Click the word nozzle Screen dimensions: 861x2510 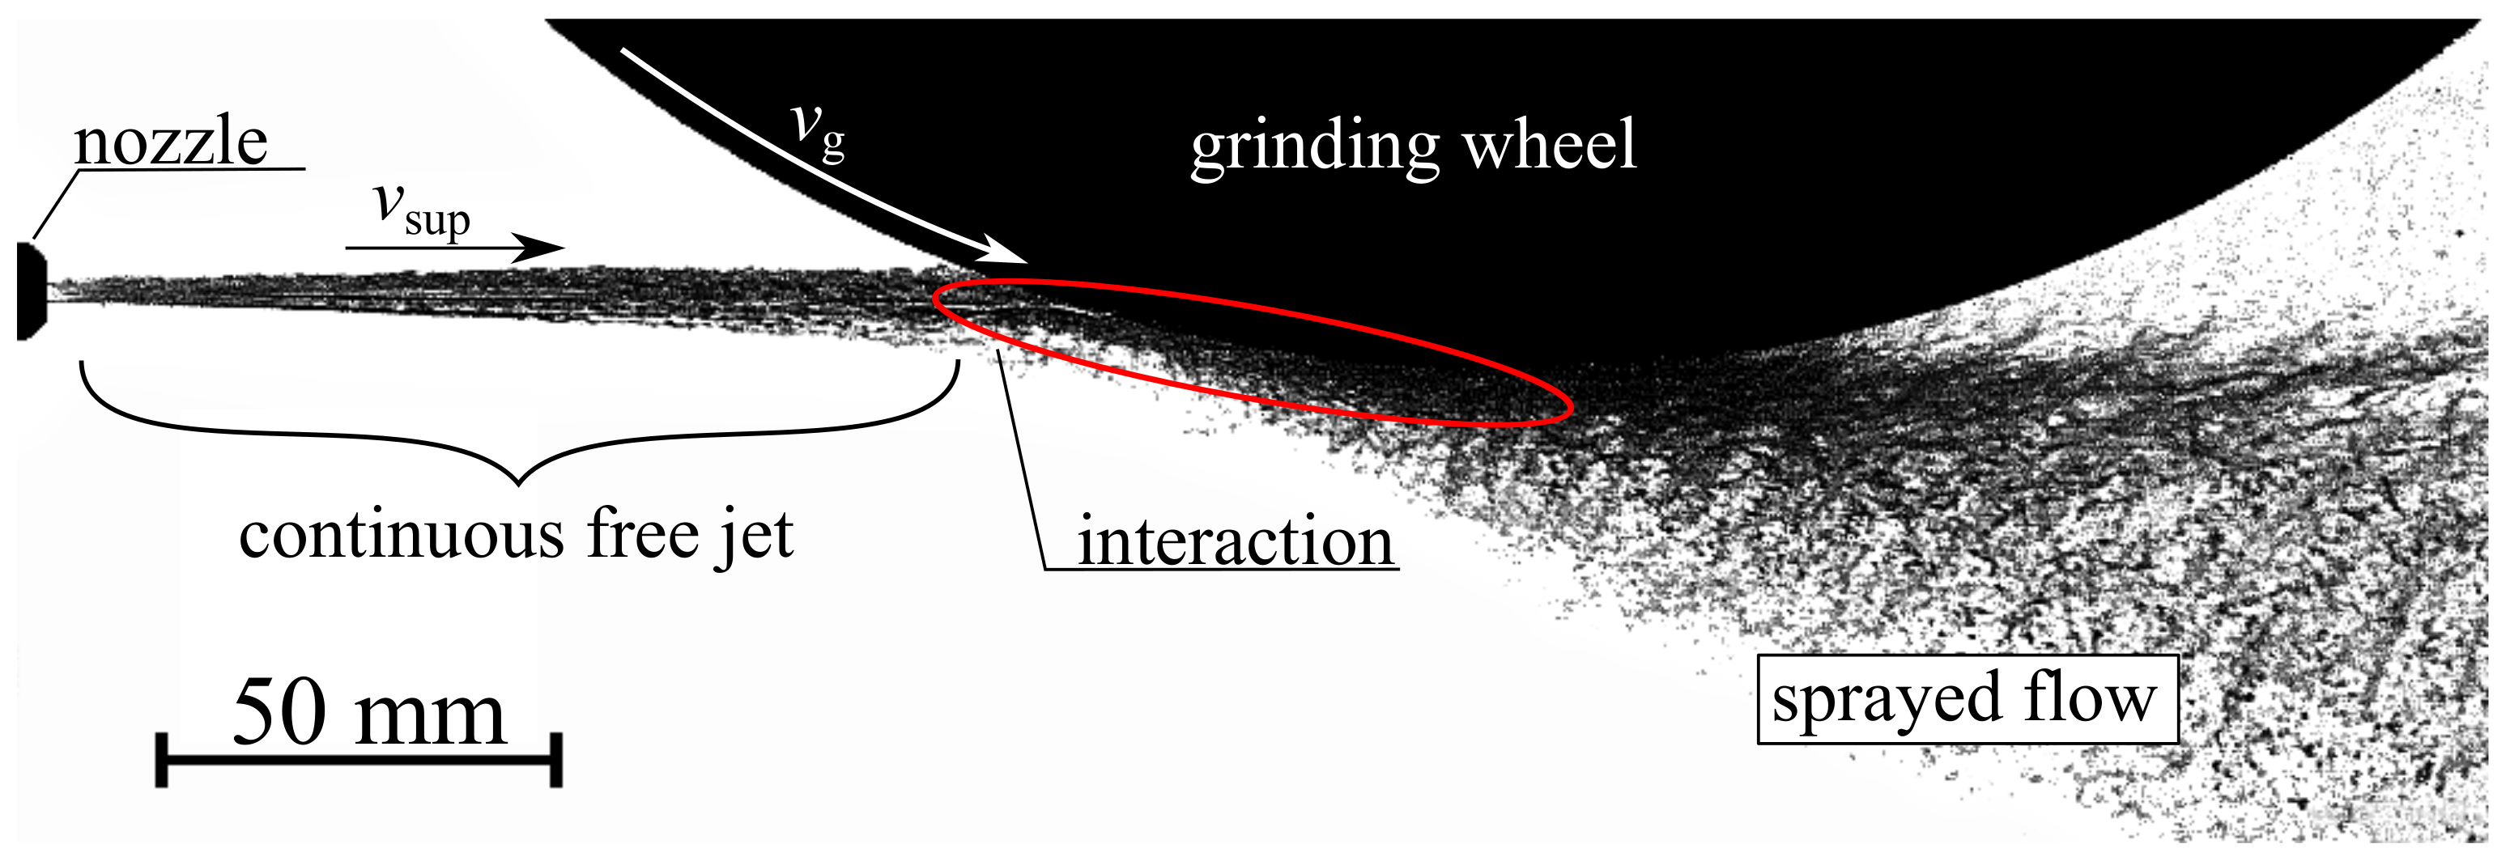(171, 142)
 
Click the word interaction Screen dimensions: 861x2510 (1235, 541)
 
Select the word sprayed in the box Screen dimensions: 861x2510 (1887, 700)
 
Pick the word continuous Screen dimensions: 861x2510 (402, 535)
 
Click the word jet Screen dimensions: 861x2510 (755, 535)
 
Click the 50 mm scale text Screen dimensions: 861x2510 (369, 714)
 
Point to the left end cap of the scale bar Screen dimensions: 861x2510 (162, 761)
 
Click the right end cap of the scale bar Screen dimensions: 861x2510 (555, 761)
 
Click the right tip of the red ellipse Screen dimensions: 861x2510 (1571, 407)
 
